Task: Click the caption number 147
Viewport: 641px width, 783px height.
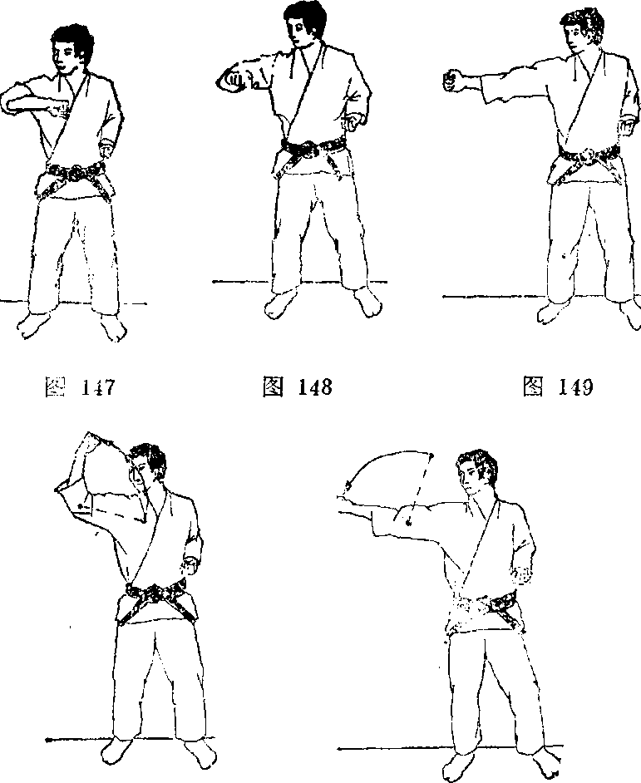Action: coord(97,387)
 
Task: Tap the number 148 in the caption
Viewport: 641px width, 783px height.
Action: coord(314,387)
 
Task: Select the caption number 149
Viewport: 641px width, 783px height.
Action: coord(575,387)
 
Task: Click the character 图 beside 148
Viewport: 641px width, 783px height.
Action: coord(274,387)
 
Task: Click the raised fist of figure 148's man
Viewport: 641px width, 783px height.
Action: coord(234,80)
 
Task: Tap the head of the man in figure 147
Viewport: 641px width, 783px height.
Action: coord(71,47)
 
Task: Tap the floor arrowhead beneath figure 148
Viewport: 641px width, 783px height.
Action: coord(215,282)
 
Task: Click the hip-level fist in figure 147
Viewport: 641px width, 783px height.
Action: coord(106,148)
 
